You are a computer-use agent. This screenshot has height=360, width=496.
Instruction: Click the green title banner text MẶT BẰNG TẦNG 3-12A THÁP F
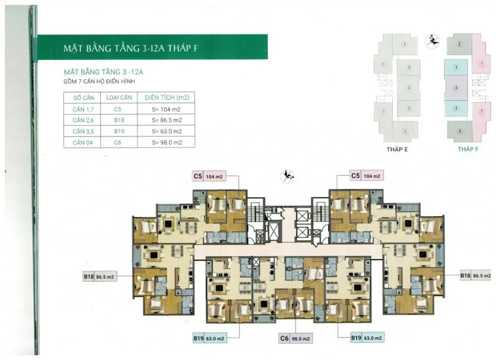[130, 48]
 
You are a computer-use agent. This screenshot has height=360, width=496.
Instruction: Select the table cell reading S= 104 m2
[166, 109]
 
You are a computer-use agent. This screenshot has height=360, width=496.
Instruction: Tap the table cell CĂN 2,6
[83, 120]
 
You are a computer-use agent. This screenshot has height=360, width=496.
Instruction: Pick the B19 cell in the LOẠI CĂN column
[119, 131]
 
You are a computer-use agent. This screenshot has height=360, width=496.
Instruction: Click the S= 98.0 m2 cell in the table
[167, 143]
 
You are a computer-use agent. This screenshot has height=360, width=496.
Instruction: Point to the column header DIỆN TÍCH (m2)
[167, 97]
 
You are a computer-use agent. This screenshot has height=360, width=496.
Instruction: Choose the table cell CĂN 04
[82, 143]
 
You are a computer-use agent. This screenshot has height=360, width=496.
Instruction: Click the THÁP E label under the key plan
[397, 149]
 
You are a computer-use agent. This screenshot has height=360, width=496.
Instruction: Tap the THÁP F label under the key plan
[468, 149]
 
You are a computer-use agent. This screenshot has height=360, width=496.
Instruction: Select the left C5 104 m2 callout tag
[209, 176]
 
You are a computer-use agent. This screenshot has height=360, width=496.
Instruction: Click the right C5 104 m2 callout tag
[367, 176]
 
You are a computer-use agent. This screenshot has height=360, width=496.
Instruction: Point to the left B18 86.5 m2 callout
[99, 277]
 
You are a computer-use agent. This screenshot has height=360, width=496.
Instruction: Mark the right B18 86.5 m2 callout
[476, 276]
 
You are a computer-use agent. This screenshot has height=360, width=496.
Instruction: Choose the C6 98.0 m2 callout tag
[296, 339]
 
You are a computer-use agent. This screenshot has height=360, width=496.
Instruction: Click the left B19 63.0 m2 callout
[209, 339]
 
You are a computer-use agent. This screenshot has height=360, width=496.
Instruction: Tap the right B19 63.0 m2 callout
[367, 338]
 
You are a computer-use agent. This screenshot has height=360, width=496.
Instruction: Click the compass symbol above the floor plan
[288, 176]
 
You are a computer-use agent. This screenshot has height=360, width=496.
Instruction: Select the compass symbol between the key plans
[432, 41]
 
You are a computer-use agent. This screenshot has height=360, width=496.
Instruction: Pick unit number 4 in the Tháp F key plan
[456, 88]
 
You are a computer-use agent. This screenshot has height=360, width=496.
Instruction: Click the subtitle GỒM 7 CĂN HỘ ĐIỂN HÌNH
[99, 81]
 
